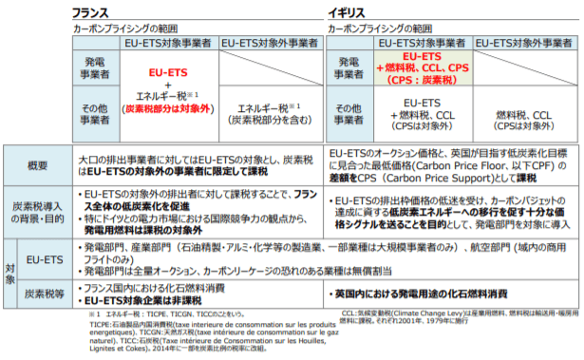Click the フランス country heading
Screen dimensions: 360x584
tap(93, 13)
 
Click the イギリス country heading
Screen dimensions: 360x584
tap(346, 13)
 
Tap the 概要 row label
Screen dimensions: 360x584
tap(38, 166)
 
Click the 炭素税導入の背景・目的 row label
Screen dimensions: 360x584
tap(38, 210)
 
